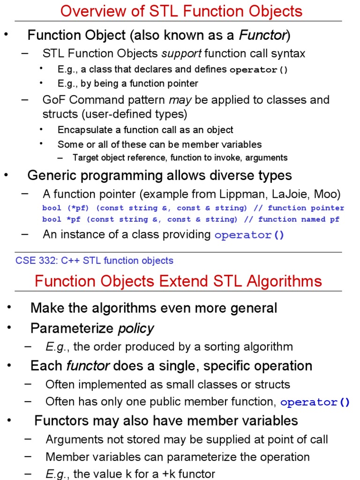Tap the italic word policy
[136, 328]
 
